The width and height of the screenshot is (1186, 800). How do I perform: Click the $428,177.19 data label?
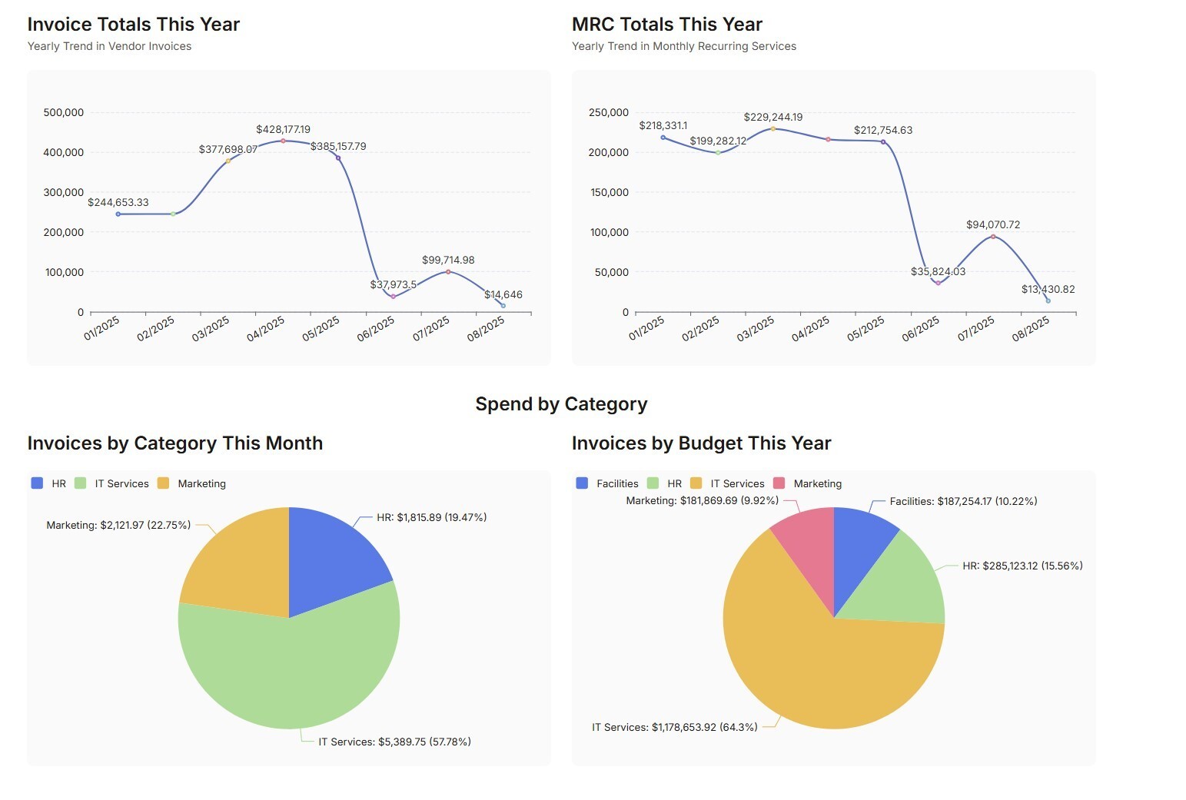tap(283, 129)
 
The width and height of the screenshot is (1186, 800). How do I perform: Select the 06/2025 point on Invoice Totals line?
tap(394, 297)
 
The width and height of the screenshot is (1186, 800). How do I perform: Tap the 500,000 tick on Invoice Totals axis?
tap(64, 112)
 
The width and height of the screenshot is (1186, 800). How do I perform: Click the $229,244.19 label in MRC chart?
tap(772, 117)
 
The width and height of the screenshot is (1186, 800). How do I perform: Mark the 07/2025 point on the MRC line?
tap(993, 237)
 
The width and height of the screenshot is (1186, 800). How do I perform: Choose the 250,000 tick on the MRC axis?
tap(609, 112)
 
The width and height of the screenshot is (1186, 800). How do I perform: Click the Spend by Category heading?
tap(561, 404)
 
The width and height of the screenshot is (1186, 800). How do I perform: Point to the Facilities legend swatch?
tap(582, 483)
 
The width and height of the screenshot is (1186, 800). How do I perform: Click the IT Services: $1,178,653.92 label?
tap(674, 727)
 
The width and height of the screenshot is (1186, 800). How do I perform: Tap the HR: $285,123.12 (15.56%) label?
tap(1022, 566)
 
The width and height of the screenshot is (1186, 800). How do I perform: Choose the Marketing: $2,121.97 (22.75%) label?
tap(118, 525)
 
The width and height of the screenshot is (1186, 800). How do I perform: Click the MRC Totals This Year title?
tap(666, 25)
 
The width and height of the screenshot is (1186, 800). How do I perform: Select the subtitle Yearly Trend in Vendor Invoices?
tap(109, 46)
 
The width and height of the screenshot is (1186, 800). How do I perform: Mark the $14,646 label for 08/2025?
tap(503, 294)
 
